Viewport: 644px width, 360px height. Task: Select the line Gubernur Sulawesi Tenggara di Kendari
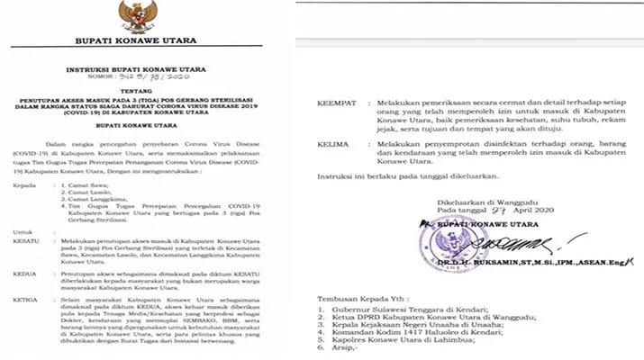[x=419, y=308]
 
